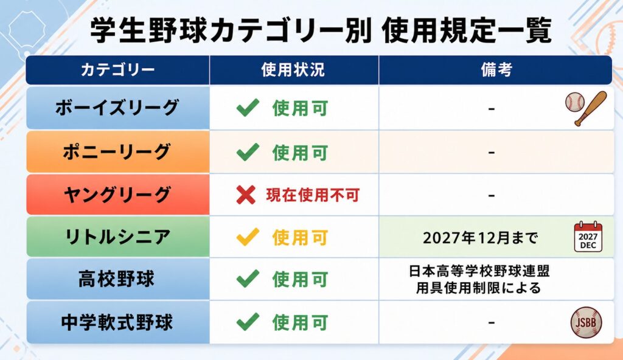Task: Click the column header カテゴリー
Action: [x=117, y=70]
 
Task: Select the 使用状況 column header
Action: [x=293, y=70]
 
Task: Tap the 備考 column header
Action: [x=496, y=70]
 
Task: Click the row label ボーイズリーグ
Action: [x=117, y=108]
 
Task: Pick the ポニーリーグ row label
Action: [x=117, y=152]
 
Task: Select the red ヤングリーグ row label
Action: [x=117, y=195]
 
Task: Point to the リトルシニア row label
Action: [x=117, y=237]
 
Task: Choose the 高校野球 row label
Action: [x=116, y=279]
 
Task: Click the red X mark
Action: [x=246, y=195]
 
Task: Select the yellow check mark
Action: [x=248, y=237]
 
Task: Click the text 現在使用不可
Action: [x=313, y=195]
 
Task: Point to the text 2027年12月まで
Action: [x=480, y=238]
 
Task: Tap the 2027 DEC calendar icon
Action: [x=588, y=237]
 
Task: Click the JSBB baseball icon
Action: [x=586, y=322]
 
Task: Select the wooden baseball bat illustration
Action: [x=591, y=108]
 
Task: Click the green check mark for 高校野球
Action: [x=248, y=279]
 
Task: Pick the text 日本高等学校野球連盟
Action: [x=479, y=271]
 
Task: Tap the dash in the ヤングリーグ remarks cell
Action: [x=492, y=195]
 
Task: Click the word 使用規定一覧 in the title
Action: [x=467, y=30]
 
